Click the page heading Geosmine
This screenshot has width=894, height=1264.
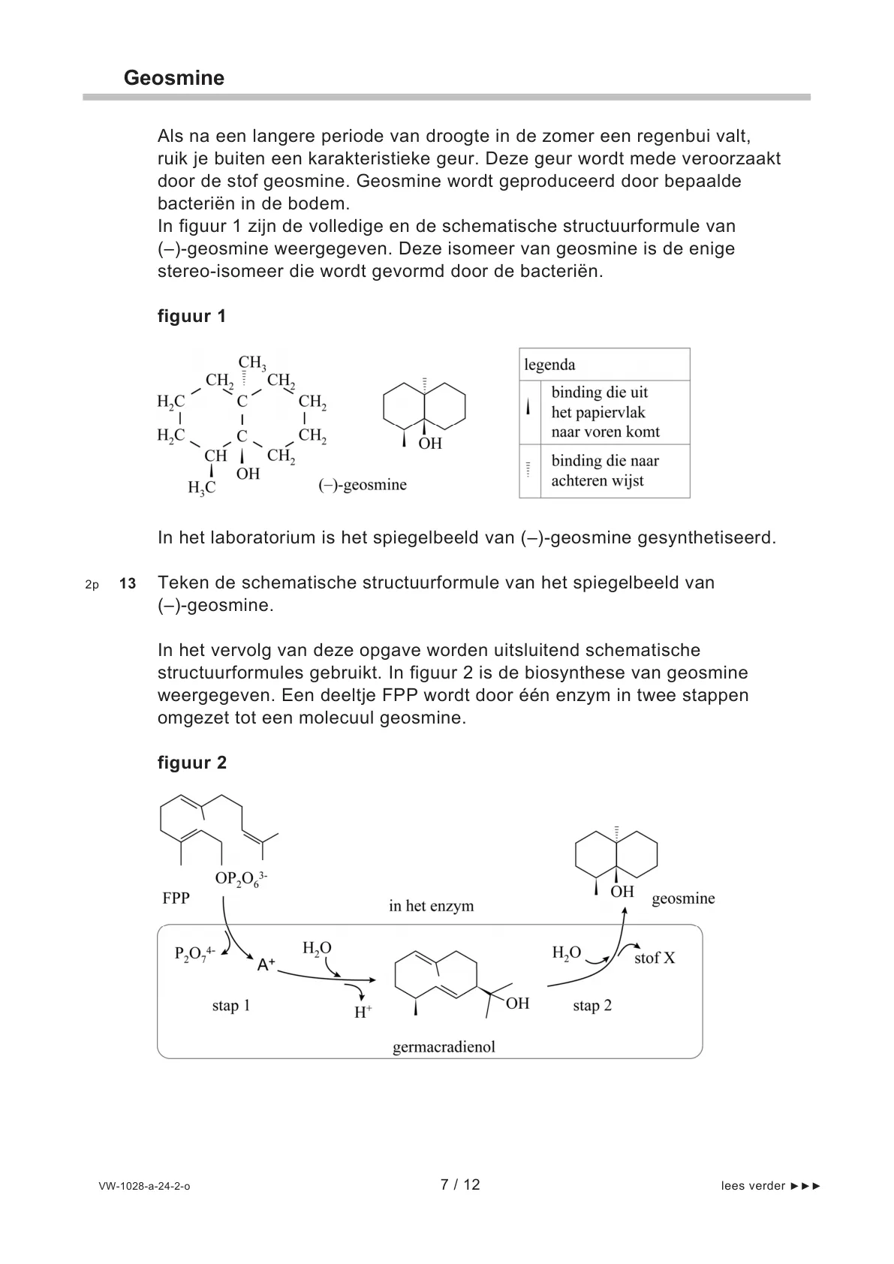pos(173,79)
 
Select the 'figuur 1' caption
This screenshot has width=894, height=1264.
pos(191,316)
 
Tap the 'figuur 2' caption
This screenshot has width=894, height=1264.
pos(191,763)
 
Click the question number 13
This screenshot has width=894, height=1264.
pos(128,583)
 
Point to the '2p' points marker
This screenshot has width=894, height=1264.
pos(92,584)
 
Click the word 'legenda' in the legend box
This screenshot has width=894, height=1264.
pos(549,366)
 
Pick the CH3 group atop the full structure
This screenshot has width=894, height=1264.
pos(251,363)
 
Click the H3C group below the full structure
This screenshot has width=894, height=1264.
pos(201,488)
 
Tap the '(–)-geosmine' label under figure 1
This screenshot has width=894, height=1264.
pos(363,485)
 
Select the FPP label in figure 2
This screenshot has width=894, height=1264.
pos(176,898)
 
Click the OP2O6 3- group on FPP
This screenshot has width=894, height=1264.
pos(241,878)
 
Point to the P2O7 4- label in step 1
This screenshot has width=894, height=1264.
pos(194,954)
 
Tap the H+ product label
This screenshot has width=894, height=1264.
pos(363,1012)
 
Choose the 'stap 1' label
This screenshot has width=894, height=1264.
pos(230,1006)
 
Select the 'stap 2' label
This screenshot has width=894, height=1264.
pos(591,1006)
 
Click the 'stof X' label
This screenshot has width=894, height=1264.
pos(655,958)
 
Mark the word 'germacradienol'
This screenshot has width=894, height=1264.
pos(444,1047)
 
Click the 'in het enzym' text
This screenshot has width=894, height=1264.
pos(431,906)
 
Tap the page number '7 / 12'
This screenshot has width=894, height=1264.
pos(459,1185)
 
